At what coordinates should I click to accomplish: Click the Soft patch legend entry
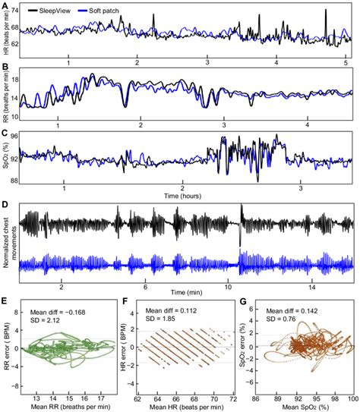112,8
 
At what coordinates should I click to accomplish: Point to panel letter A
5,7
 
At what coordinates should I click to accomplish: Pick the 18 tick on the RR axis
14,80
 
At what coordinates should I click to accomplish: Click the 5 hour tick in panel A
346,61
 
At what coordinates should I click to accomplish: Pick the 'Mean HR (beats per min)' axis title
188,405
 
